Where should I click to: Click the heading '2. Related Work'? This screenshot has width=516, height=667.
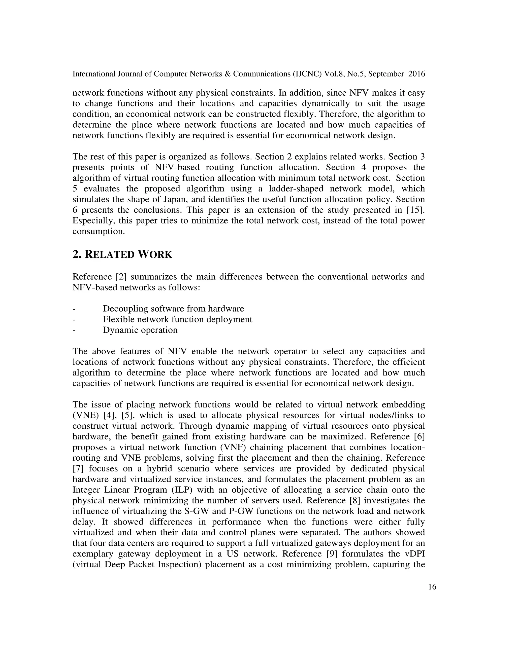pyautogui.click(x=122, y=254)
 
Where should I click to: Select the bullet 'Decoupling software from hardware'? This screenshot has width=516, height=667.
pyautogui.click(x=173, y=309)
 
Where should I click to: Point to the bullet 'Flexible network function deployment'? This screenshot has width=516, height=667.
pyautogui.click(x=177, y=319)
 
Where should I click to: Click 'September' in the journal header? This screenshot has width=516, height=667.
pyautogui.click(x=387, y=74)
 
